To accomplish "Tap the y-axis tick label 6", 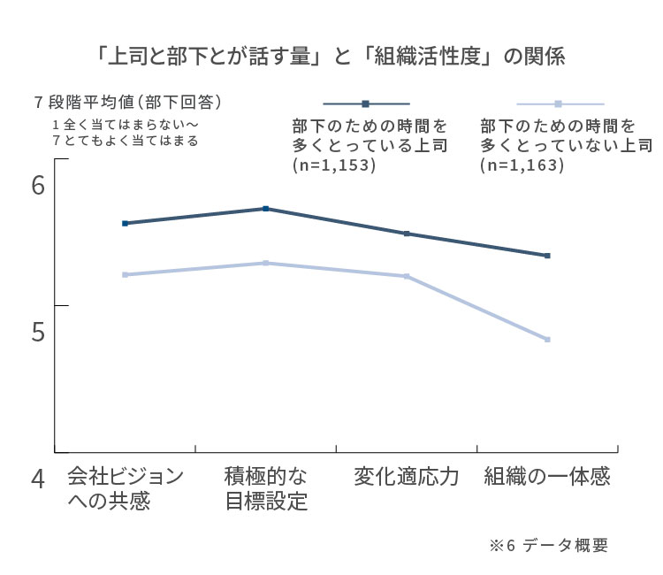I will coord(38,186).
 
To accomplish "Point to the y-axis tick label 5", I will coord(38,332).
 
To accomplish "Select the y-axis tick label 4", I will coord(38,479).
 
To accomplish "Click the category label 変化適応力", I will coord(406,477).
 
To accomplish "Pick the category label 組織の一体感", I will coord(547,477).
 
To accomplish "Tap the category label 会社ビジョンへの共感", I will coord(125,488).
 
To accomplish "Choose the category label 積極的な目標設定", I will coord(265,488).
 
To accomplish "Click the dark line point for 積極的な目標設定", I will coord(266,209).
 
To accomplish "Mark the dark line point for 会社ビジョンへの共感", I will coord(125,223).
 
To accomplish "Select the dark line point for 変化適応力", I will coord(407,234).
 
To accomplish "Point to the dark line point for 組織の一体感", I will coord(548,256).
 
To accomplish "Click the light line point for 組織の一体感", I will coord(548,340).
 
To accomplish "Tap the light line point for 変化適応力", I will coord(407,276).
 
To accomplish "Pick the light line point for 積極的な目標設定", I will coord(266,263).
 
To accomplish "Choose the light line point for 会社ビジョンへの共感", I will coord(125,274).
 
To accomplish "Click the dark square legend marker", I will coord(366,103).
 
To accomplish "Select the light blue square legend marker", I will coord(558,103).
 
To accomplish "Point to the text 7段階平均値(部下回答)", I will coord(126,103).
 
